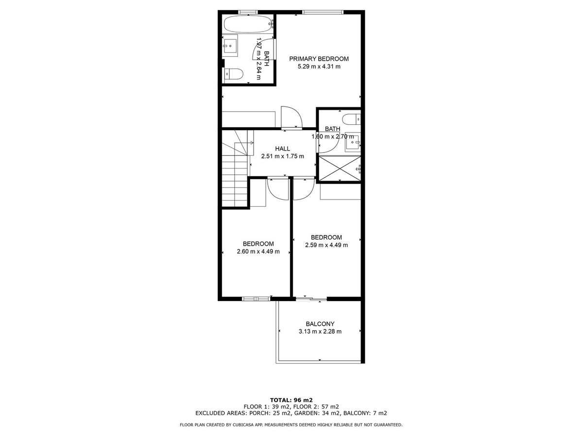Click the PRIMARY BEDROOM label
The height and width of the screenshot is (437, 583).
click(x=319, y=59)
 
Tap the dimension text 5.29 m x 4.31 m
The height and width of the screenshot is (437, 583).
click(x=319, y=67)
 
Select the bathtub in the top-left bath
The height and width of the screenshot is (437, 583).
click(x=248, y=23)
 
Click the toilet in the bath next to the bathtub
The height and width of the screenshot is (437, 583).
click(x=234, y=74)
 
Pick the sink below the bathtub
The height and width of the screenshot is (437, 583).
click(x=231, y=46)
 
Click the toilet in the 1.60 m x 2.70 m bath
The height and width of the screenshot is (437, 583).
click(x=351, y=118)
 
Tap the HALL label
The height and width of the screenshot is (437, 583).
click(x=282, y=149)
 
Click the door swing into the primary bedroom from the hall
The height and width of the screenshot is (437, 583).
click(x=291, y=118)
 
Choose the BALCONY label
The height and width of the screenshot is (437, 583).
click(x=320, y=324)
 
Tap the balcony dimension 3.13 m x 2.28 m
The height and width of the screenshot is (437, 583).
click(x=320, y=332)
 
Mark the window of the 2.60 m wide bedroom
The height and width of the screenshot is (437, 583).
click(x=256, y=299)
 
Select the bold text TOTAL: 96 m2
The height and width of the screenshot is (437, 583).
click(x=291, y=400)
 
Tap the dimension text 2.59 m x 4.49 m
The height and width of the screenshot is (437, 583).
click(x=326, y=245)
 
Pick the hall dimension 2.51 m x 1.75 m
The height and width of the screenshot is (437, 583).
click(x=282, y=156)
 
